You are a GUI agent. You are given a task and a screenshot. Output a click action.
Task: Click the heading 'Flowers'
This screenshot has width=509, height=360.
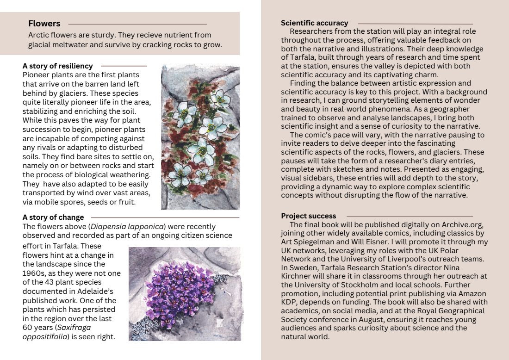click(44, 24)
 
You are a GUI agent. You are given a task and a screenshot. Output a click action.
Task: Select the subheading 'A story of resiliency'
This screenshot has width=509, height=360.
click(57, 66)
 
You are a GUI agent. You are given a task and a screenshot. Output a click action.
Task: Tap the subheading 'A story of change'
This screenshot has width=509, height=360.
click(53, 217)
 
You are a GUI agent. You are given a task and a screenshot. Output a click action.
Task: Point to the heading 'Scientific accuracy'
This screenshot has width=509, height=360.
click(314, 23)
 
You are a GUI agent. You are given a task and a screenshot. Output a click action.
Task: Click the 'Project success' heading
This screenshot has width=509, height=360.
click(309, 216)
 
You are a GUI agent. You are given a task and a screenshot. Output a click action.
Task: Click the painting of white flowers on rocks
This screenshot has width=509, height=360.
click(200, 137)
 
